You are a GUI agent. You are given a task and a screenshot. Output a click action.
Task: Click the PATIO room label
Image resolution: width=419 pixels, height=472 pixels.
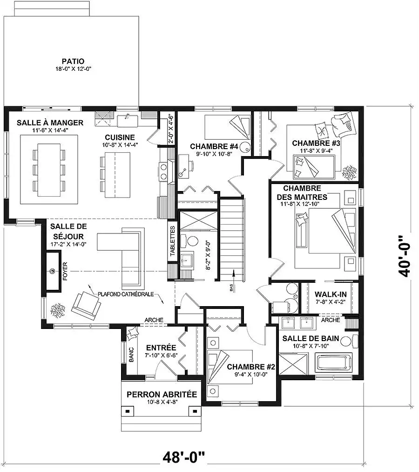pos(73,62)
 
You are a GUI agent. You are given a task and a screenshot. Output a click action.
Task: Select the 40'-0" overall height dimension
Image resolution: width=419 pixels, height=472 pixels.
pos(404,256)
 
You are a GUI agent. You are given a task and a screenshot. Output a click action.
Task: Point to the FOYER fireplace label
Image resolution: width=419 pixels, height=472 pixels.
pos(65,271)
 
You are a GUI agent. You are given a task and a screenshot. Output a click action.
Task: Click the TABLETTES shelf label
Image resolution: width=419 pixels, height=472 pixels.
pos(172,241)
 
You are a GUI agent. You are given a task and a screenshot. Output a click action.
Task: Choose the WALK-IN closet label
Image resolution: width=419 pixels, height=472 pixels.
pos(331,294)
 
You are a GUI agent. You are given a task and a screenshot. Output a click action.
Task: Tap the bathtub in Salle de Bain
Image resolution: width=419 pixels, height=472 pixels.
pos(333,363)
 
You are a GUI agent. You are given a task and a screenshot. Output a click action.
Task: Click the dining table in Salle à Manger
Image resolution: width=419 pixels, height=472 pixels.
pos(49,170)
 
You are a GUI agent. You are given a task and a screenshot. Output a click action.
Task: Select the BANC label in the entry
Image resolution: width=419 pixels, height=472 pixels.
pos(131,355)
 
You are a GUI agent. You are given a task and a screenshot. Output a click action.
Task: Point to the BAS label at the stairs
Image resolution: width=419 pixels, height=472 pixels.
pos(231,288)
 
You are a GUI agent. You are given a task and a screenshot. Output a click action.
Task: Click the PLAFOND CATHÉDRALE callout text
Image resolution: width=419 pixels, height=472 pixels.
pos(126,294)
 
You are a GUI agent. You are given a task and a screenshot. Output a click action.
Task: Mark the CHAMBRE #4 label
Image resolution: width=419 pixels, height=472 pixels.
pos(214,146)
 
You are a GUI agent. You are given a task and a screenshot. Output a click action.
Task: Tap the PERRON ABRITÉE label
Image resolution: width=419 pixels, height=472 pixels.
pos(162,394)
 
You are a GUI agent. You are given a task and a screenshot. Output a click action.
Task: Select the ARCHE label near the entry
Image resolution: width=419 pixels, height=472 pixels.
pos(154,320)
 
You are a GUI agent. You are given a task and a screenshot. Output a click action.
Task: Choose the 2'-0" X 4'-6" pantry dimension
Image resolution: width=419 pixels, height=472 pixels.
pos(170,129)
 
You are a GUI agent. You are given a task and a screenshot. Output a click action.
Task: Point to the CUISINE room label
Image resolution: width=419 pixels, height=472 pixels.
pos(120,137)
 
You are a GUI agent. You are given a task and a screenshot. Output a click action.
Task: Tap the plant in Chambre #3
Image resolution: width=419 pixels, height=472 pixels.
pos(349,172)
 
